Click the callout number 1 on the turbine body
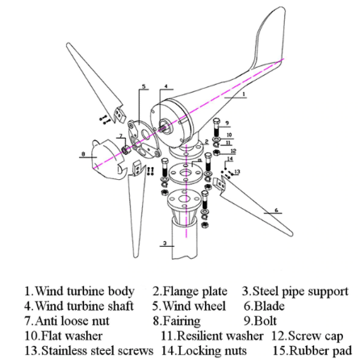pos(244,94)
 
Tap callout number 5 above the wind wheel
pos(144,86)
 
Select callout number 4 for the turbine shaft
pos(166,86)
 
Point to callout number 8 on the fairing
pos(83,154)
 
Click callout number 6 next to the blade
pos(276,211)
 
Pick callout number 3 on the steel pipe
pos(165,244)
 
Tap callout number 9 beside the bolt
pos(228,123)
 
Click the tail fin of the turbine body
pos(269,35)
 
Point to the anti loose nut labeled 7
pos(126,150)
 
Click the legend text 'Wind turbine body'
pos(85,291)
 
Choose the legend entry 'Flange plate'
pos(195,291)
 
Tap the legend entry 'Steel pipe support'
pos(300,291)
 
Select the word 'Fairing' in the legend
pos(182,321)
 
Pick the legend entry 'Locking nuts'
pos(212,351)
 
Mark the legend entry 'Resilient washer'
pos(220,336)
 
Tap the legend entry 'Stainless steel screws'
pos(97,351)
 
